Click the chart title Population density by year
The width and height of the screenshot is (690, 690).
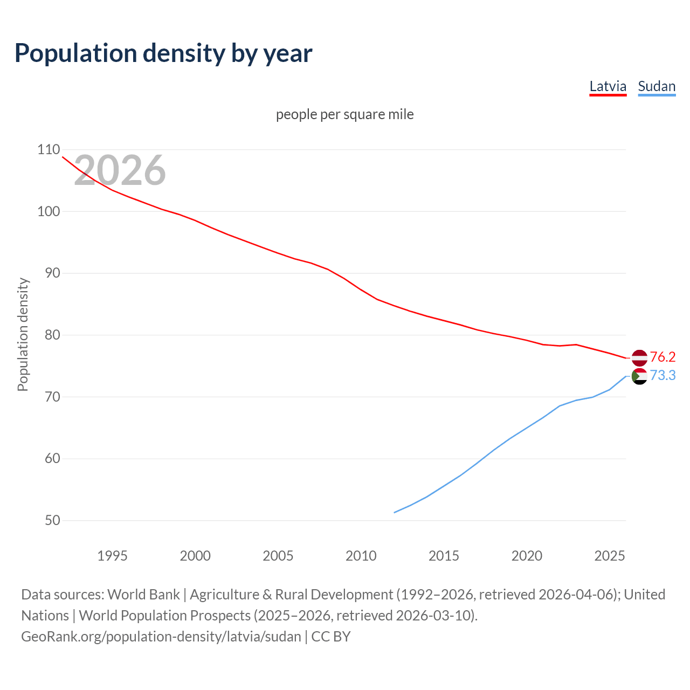pos(163,53)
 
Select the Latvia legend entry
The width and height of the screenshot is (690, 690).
pos(608,87)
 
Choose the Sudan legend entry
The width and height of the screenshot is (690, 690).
pos(656,87)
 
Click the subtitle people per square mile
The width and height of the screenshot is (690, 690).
pos(344,115)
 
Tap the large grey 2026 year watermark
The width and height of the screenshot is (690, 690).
pos(120,170)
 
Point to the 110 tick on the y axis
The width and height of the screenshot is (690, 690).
pos(49,150)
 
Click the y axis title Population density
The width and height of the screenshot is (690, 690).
pos(23,334)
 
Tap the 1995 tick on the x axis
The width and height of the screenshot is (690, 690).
pos(112,556)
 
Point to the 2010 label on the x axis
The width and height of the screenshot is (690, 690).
pos(361,556)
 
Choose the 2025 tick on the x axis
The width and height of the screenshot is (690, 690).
pos(609,556)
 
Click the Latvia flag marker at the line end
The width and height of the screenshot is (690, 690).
pos(639,357)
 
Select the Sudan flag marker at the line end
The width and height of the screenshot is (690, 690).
pos(639,376)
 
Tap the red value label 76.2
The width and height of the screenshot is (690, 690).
pos(663,357)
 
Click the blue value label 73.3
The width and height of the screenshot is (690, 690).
pos(663,376)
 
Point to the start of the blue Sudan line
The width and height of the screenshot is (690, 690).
pos(395,512)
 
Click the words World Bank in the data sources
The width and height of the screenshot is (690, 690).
pos(143,595)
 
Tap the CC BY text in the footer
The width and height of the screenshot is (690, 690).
pos(331,637)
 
